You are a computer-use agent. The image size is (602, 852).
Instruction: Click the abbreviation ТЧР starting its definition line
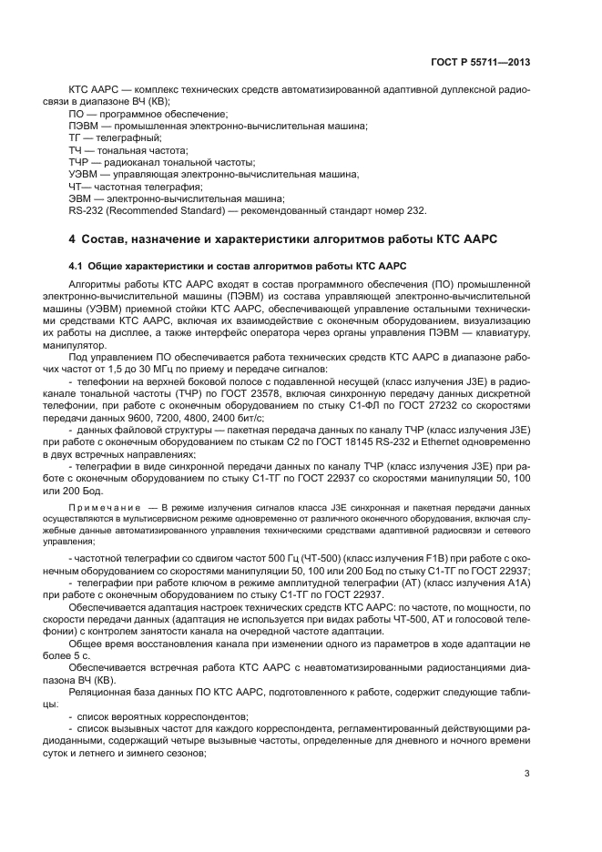point(80,161)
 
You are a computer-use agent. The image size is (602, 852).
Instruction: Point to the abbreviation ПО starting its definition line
point(77,114)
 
